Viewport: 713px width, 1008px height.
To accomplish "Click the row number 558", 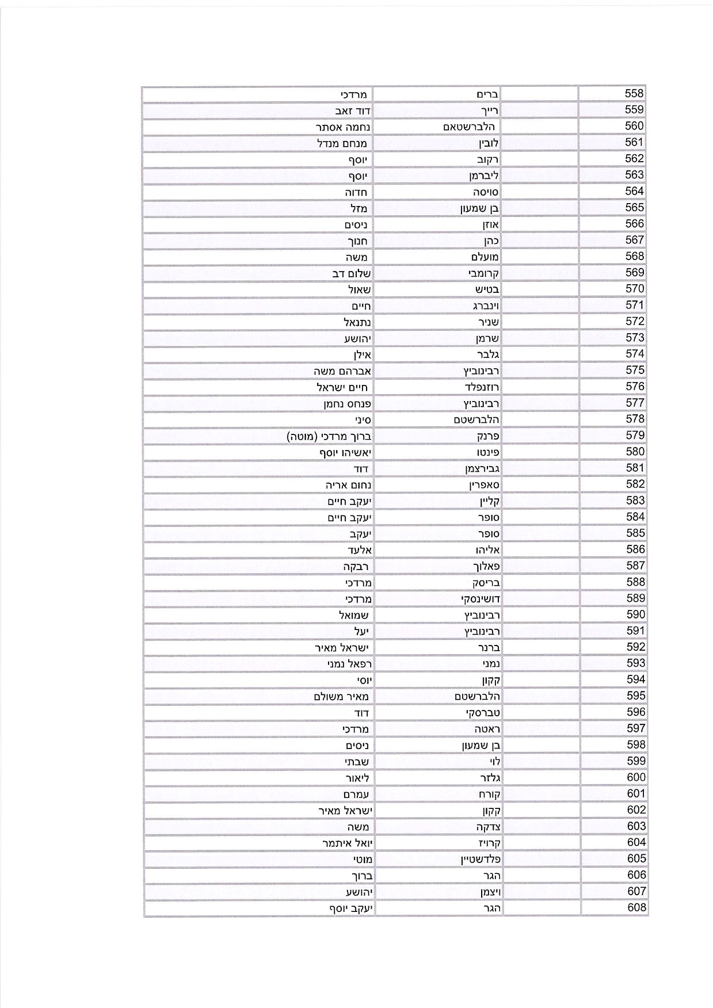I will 634,93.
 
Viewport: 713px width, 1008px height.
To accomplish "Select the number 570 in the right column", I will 635,289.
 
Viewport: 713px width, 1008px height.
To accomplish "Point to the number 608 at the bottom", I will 636,908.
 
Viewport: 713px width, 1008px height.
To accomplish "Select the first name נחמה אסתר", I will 343,127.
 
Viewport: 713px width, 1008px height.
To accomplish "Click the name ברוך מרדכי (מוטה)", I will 329,436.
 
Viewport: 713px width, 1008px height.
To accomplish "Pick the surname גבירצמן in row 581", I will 482,469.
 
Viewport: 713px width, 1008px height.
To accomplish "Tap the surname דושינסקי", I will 481,599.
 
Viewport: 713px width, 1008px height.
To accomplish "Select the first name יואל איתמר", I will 347,843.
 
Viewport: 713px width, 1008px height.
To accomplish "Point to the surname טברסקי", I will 483,713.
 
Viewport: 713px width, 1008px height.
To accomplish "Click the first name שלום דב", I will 351,273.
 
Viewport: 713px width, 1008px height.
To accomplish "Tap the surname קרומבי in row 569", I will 484,273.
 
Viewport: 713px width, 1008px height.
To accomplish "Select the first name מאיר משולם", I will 341,697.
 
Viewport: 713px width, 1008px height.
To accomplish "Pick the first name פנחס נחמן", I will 347,404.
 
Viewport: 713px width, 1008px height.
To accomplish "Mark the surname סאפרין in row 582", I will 484,485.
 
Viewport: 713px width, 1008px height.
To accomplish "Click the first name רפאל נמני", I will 349,664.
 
